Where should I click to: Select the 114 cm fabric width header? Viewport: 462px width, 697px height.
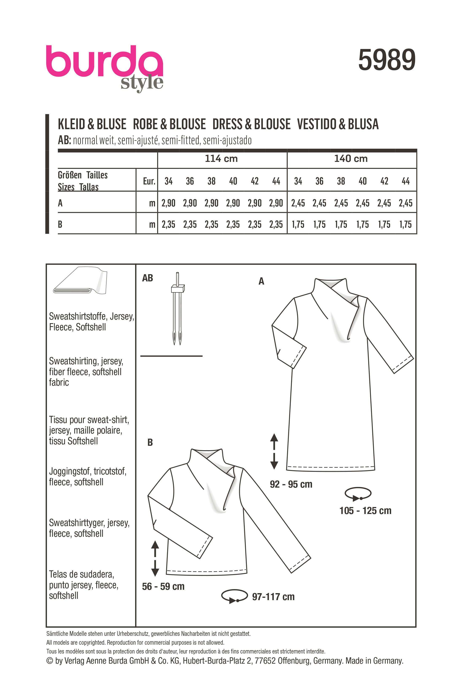tap(221, 159)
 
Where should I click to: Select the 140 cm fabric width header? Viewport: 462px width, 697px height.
tap(351, 159)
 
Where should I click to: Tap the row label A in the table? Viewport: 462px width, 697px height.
tap(60, 203)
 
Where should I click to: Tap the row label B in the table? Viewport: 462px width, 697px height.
tap(60, 224)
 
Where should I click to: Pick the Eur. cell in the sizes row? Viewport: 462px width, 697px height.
tap(149, 181)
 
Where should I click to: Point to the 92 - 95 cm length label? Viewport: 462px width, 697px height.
tap(291, 484)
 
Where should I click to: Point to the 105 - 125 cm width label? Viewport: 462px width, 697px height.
tap(365, 510)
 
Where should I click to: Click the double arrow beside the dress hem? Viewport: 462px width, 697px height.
tap(274, 451)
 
